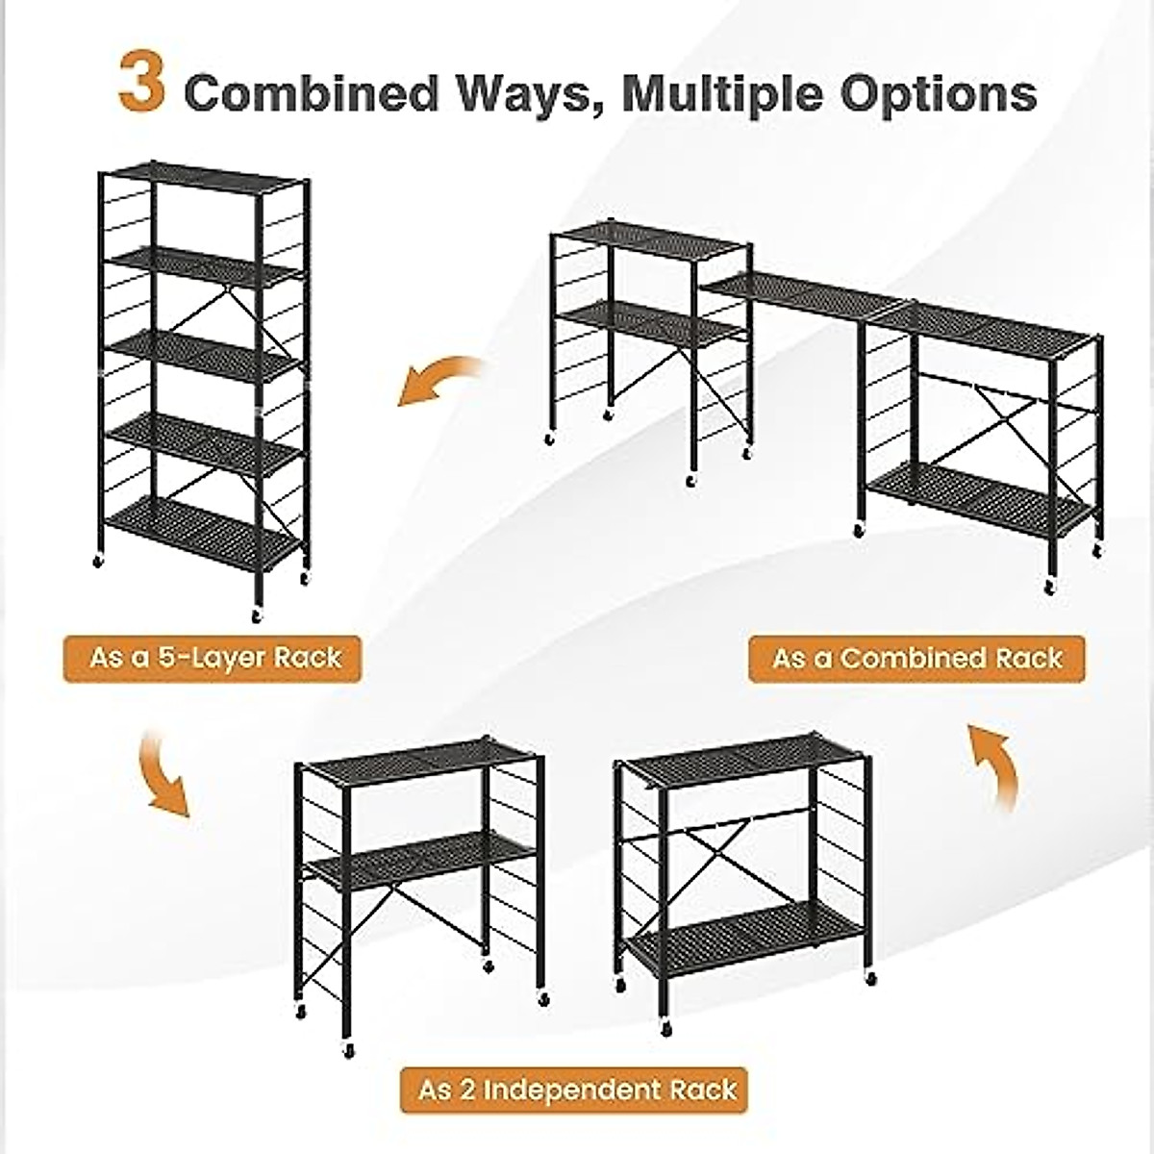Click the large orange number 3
pyautogui.click(x=143, y=86)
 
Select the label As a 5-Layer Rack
pyautogui.click(x=213, y=658)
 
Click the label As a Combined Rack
pyautogui.click(x=916, y=659)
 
